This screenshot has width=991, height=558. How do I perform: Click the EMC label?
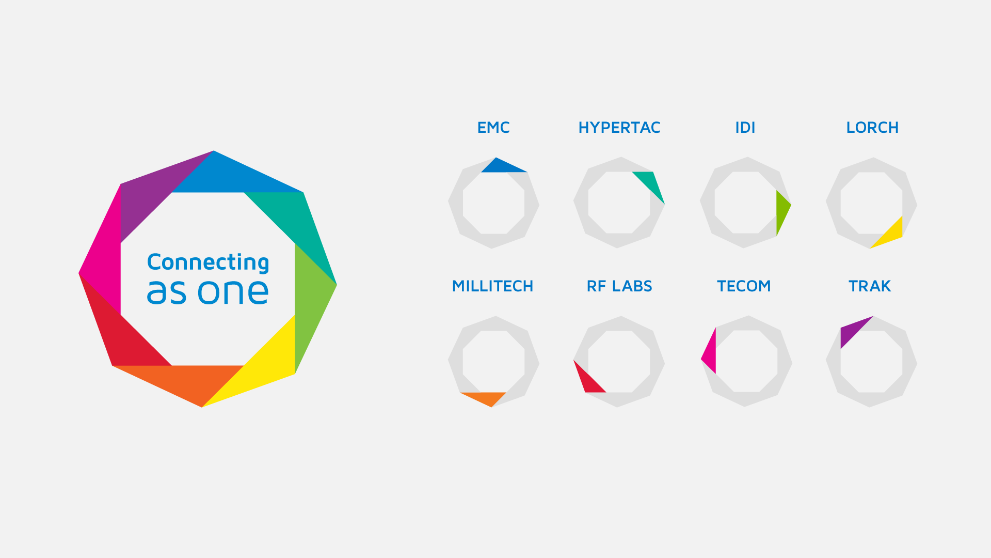[493, 128]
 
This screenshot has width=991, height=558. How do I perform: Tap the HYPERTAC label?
[619, 128]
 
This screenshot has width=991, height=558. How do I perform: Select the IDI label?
[745, 128]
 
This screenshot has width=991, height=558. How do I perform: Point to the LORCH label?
[872, 128]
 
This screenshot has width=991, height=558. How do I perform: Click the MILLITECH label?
[493, 286]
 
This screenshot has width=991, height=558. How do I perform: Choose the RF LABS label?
[619, 286]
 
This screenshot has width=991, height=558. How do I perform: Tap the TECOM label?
[744, 286]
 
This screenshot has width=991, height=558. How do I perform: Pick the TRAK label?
[870, 286]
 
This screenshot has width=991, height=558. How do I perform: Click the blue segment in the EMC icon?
[500, 167]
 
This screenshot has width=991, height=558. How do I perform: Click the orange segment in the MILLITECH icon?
[487, 397]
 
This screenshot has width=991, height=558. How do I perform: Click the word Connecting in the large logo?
[208, 262]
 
